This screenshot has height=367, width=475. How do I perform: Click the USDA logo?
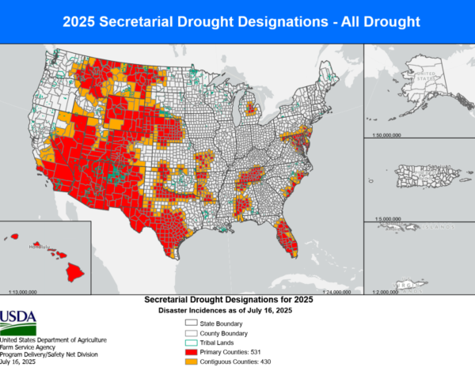pyautogui.click(x=18, y=321)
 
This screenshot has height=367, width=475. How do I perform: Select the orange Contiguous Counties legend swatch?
pyautogui.click(x=191, y=361)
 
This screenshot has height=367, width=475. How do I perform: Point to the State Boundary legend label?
pyautogui.click(x=225, y=323)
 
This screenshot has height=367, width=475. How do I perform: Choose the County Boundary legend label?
pyautogui.click(x=227, y=333)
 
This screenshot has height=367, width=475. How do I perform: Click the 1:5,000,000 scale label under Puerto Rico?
pyautogui.click(x=385, y=218)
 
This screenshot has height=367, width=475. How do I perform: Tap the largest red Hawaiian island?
pyautogui.click(x=74, y=272)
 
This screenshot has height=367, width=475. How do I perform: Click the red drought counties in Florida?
pyautogui.click(x=287, y=238)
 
